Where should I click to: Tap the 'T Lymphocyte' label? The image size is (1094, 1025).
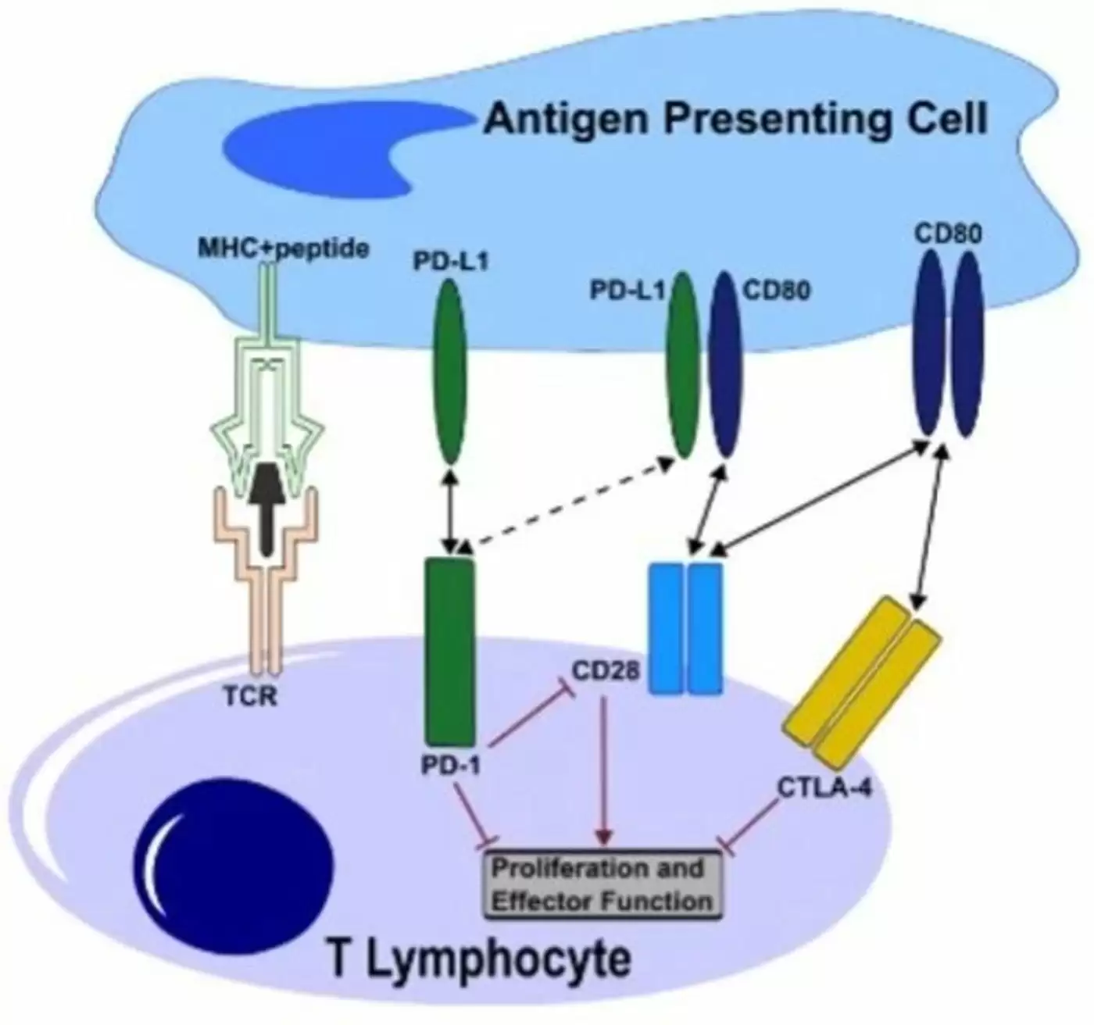coord(479,959)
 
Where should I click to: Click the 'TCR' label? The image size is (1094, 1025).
coord(250,695)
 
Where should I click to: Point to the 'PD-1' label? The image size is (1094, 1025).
coord(451,765)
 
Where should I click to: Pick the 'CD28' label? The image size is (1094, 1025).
coord(606,670)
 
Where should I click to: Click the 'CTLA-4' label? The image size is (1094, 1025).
coord(824,787)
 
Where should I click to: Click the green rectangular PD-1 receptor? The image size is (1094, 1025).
coord(449,651)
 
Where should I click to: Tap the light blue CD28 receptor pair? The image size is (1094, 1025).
coord(687,627)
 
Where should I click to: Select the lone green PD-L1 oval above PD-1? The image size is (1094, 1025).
coord(449,371)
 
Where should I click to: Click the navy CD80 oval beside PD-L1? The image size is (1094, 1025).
coord(724,364)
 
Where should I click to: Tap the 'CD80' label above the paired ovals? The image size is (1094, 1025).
coord(947,234)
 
